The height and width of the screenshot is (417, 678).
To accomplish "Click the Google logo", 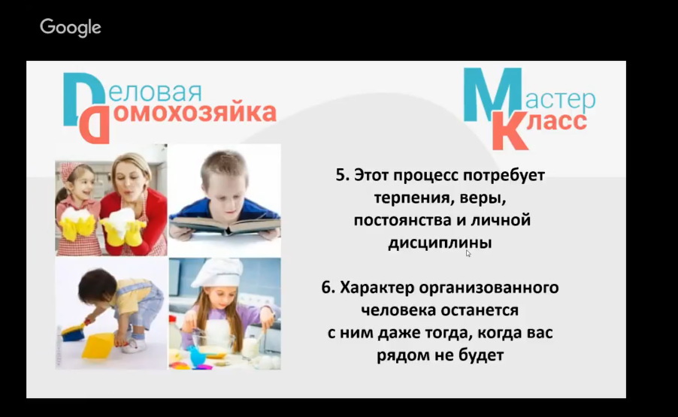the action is (x=71, y=28).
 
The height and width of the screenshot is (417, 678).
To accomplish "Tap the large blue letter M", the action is (x=492, y=95).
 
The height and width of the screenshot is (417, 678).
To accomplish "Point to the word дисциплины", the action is (x=440, y=243).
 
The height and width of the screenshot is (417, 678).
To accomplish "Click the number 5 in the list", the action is (x=342, y=175).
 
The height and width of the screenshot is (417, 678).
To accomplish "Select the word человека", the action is (x=398, y=310).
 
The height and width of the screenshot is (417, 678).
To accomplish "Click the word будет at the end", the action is (x=480, y=355).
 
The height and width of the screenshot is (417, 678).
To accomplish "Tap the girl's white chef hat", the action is (x=217, y=273).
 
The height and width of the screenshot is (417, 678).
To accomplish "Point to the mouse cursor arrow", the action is (x=468, y=253).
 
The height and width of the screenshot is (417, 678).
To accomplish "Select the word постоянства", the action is (x=403, y=220).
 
